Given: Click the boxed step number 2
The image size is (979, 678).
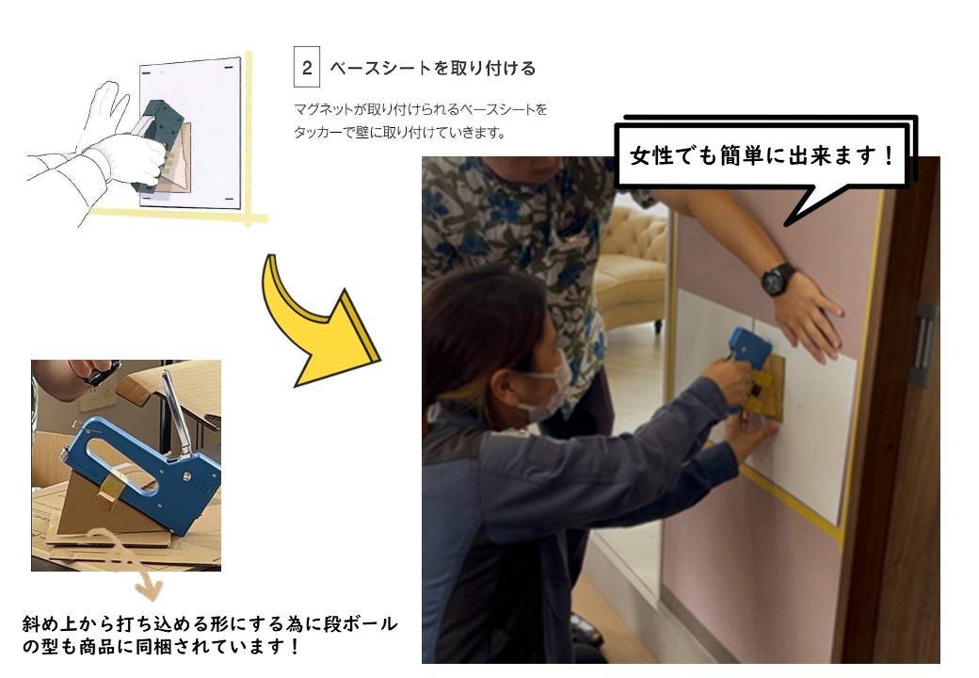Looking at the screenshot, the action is tap(307, 67).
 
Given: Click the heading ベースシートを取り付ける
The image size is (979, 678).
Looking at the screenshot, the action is tap(433, 68).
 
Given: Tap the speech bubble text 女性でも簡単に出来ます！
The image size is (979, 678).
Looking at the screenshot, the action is tap(762, 155).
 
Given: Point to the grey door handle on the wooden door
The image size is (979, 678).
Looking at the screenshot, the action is tap(924, 344).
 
